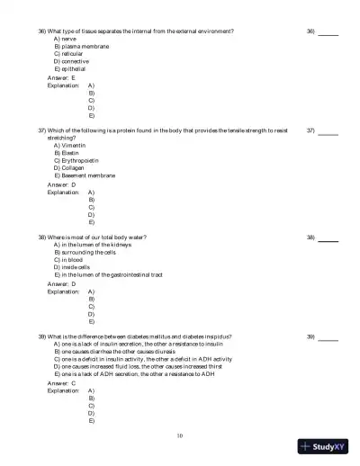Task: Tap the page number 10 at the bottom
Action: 180,435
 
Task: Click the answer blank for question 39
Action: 328,337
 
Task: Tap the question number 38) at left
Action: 42,237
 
